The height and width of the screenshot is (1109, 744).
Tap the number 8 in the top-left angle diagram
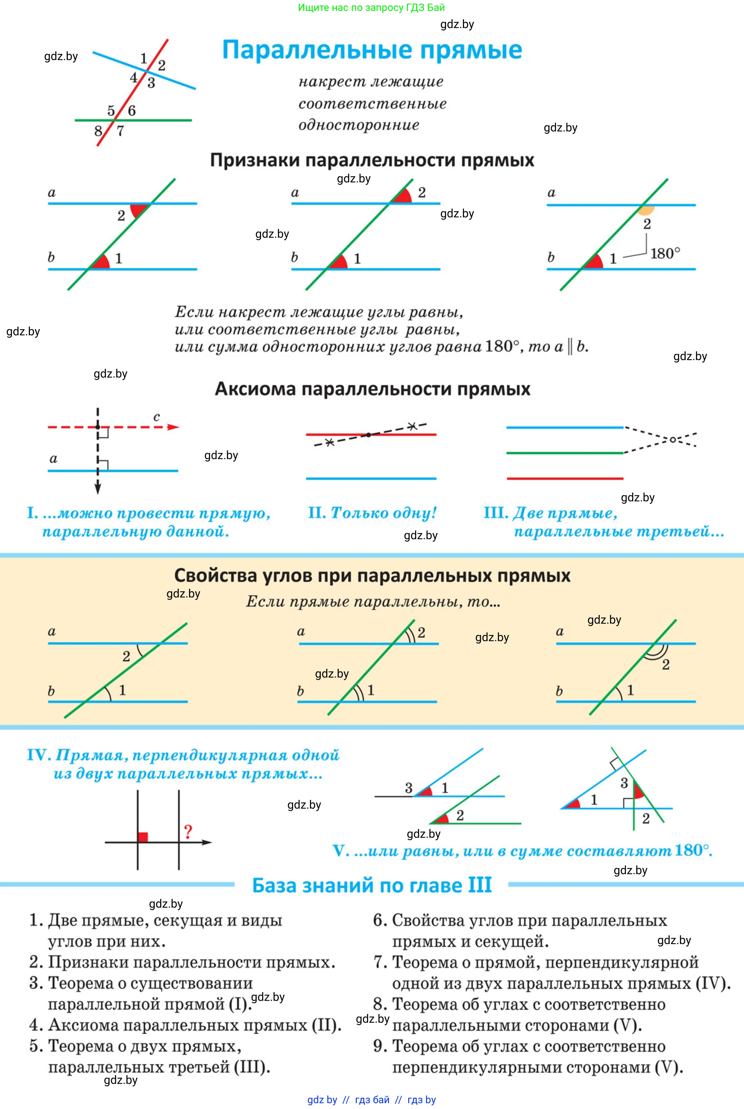click(98, 131)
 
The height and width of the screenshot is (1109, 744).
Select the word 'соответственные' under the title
click(373, 103)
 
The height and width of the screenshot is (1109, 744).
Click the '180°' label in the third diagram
click(665, 253)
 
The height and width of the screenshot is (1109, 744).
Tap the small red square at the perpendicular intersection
click(143, 837)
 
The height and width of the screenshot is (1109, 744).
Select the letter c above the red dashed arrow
click(157, 417)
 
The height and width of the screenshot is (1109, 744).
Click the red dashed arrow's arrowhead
click(174, 427)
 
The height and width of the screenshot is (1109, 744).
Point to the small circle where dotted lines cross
click(672, 440)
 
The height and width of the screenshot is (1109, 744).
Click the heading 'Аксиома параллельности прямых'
click(373, 389)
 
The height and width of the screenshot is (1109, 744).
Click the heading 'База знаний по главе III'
click(372, 885)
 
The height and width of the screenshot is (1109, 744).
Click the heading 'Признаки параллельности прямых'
click(372, 160)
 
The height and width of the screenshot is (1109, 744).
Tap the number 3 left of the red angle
click(409, 788)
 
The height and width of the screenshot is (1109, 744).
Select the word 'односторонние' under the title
click(359, 125)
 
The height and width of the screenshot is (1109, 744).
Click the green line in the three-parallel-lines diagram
click(564, 453)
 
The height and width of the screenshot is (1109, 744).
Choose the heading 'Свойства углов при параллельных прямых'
click(372, 575)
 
